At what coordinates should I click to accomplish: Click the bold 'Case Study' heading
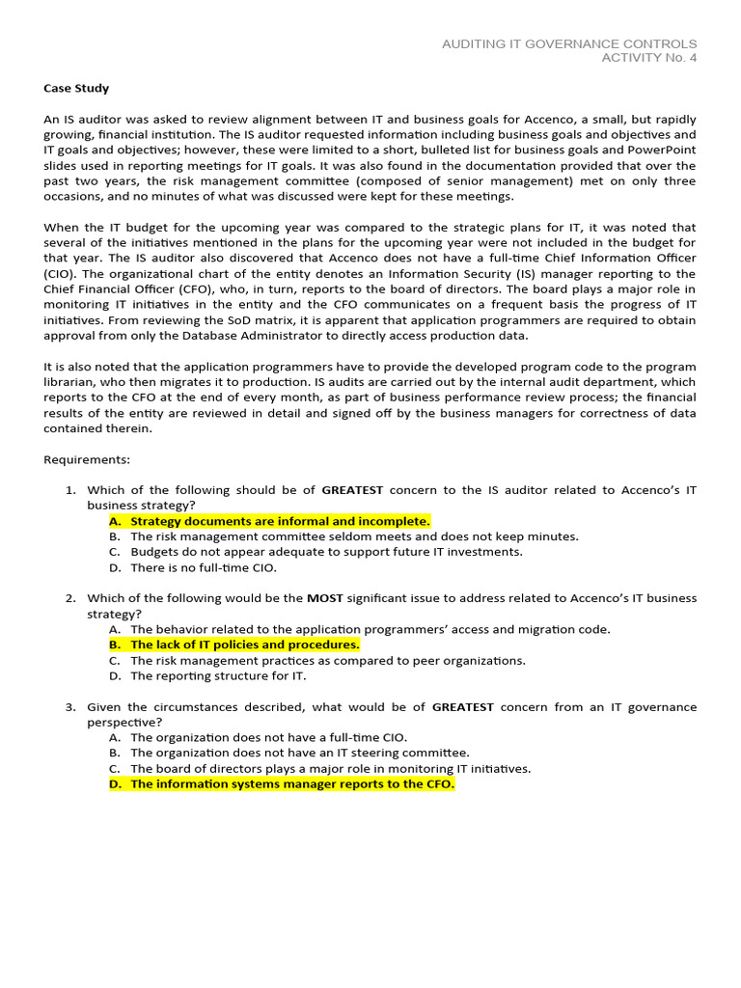tap(76, 88)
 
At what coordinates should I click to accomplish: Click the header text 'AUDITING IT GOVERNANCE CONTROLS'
tap(568, 44)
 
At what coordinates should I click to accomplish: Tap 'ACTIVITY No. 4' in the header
tap(648, 58)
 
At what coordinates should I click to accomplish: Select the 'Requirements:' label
tap(87, 459)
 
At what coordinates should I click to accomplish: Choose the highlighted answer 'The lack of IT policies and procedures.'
tap(245, 645)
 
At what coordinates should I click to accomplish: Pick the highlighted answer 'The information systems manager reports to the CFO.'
tap(291, 784)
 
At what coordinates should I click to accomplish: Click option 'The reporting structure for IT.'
tap(218, 675)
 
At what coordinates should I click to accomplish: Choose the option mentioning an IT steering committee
tap(300, 753)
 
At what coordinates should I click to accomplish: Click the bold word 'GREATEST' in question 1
tap(352, 490)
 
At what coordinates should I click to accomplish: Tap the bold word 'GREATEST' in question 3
tap(462, 707)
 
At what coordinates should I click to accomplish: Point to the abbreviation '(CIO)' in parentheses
tap(61, 274)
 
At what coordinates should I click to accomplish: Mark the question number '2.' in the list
tap(70, 598)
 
